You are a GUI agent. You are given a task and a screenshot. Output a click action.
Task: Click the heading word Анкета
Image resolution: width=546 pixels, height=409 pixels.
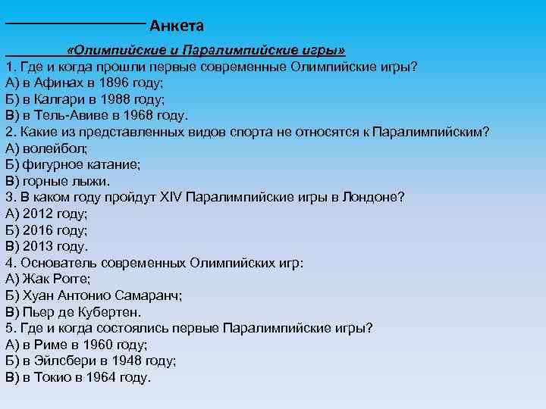click(177, 27)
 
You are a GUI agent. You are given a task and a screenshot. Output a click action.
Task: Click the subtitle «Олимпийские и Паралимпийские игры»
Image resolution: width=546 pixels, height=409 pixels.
click(206, 50)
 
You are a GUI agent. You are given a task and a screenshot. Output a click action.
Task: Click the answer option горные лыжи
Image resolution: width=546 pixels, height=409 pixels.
click(66, 181)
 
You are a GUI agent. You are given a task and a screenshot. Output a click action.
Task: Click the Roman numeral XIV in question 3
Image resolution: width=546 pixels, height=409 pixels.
click(169, 198)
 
